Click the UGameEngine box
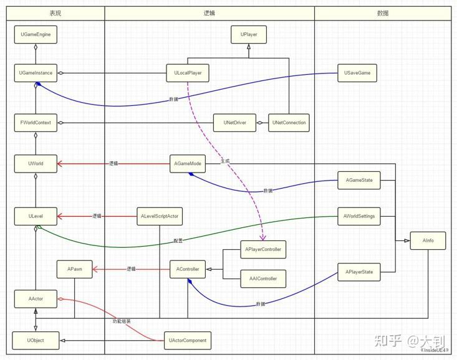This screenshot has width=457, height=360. click(x=36, y=35)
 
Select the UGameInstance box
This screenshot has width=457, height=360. click(x=36, y=73)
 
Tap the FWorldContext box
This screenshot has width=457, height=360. click(x=36, y=123)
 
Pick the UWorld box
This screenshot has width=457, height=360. click(x=36, y=164)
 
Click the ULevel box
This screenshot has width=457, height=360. click(x=36, y=216)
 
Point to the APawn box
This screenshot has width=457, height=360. click(x=74, y=270)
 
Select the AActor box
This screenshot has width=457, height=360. click(x=36, y=298)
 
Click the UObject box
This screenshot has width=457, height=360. click(x=36, y=341)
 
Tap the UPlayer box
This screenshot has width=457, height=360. click(x=249, y=35)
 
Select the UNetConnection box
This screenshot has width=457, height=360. click(x=289, y=123)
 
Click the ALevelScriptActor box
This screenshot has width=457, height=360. click(x=160, y=216)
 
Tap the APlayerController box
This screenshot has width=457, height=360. click(x=263, y=249)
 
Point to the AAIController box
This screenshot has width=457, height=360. click(x=263, y=278)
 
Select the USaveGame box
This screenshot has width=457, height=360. click(x=357, y=73)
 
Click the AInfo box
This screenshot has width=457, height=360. click(x=428, y=240)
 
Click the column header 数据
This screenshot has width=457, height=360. click(x=382, y=13)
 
